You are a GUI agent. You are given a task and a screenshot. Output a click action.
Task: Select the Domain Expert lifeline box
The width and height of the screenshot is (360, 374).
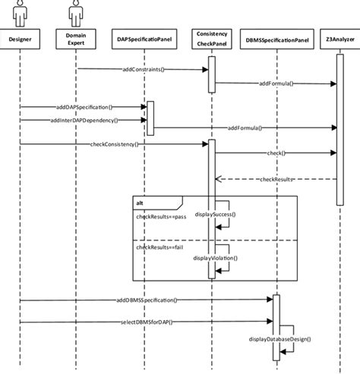[74, 39]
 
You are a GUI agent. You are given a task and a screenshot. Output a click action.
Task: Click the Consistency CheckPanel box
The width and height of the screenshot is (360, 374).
[211, 39]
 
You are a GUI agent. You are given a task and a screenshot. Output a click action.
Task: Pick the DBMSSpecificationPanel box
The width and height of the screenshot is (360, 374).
[277, 39]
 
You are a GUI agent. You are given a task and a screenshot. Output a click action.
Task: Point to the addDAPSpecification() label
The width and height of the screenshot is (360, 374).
[84, 108]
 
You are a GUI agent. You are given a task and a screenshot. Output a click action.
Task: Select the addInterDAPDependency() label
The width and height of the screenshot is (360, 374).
[84, 120]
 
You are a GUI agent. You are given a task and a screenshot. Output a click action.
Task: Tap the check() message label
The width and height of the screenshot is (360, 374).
[276, 154]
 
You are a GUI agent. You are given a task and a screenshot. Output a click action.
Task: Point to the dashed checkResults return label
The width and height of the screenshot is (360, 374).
[276, 180]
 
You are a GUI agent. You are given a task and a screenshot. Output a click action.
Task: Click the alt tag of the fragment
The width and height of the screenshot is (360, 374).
[141, 203]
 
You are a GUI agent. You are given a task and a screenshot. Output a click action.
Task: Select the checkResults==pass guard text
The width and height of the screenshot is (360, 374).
[161, 217]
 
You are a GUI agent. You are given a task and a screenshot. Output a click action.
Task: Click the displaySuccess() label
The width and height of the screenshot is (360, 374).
[215, 214]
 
